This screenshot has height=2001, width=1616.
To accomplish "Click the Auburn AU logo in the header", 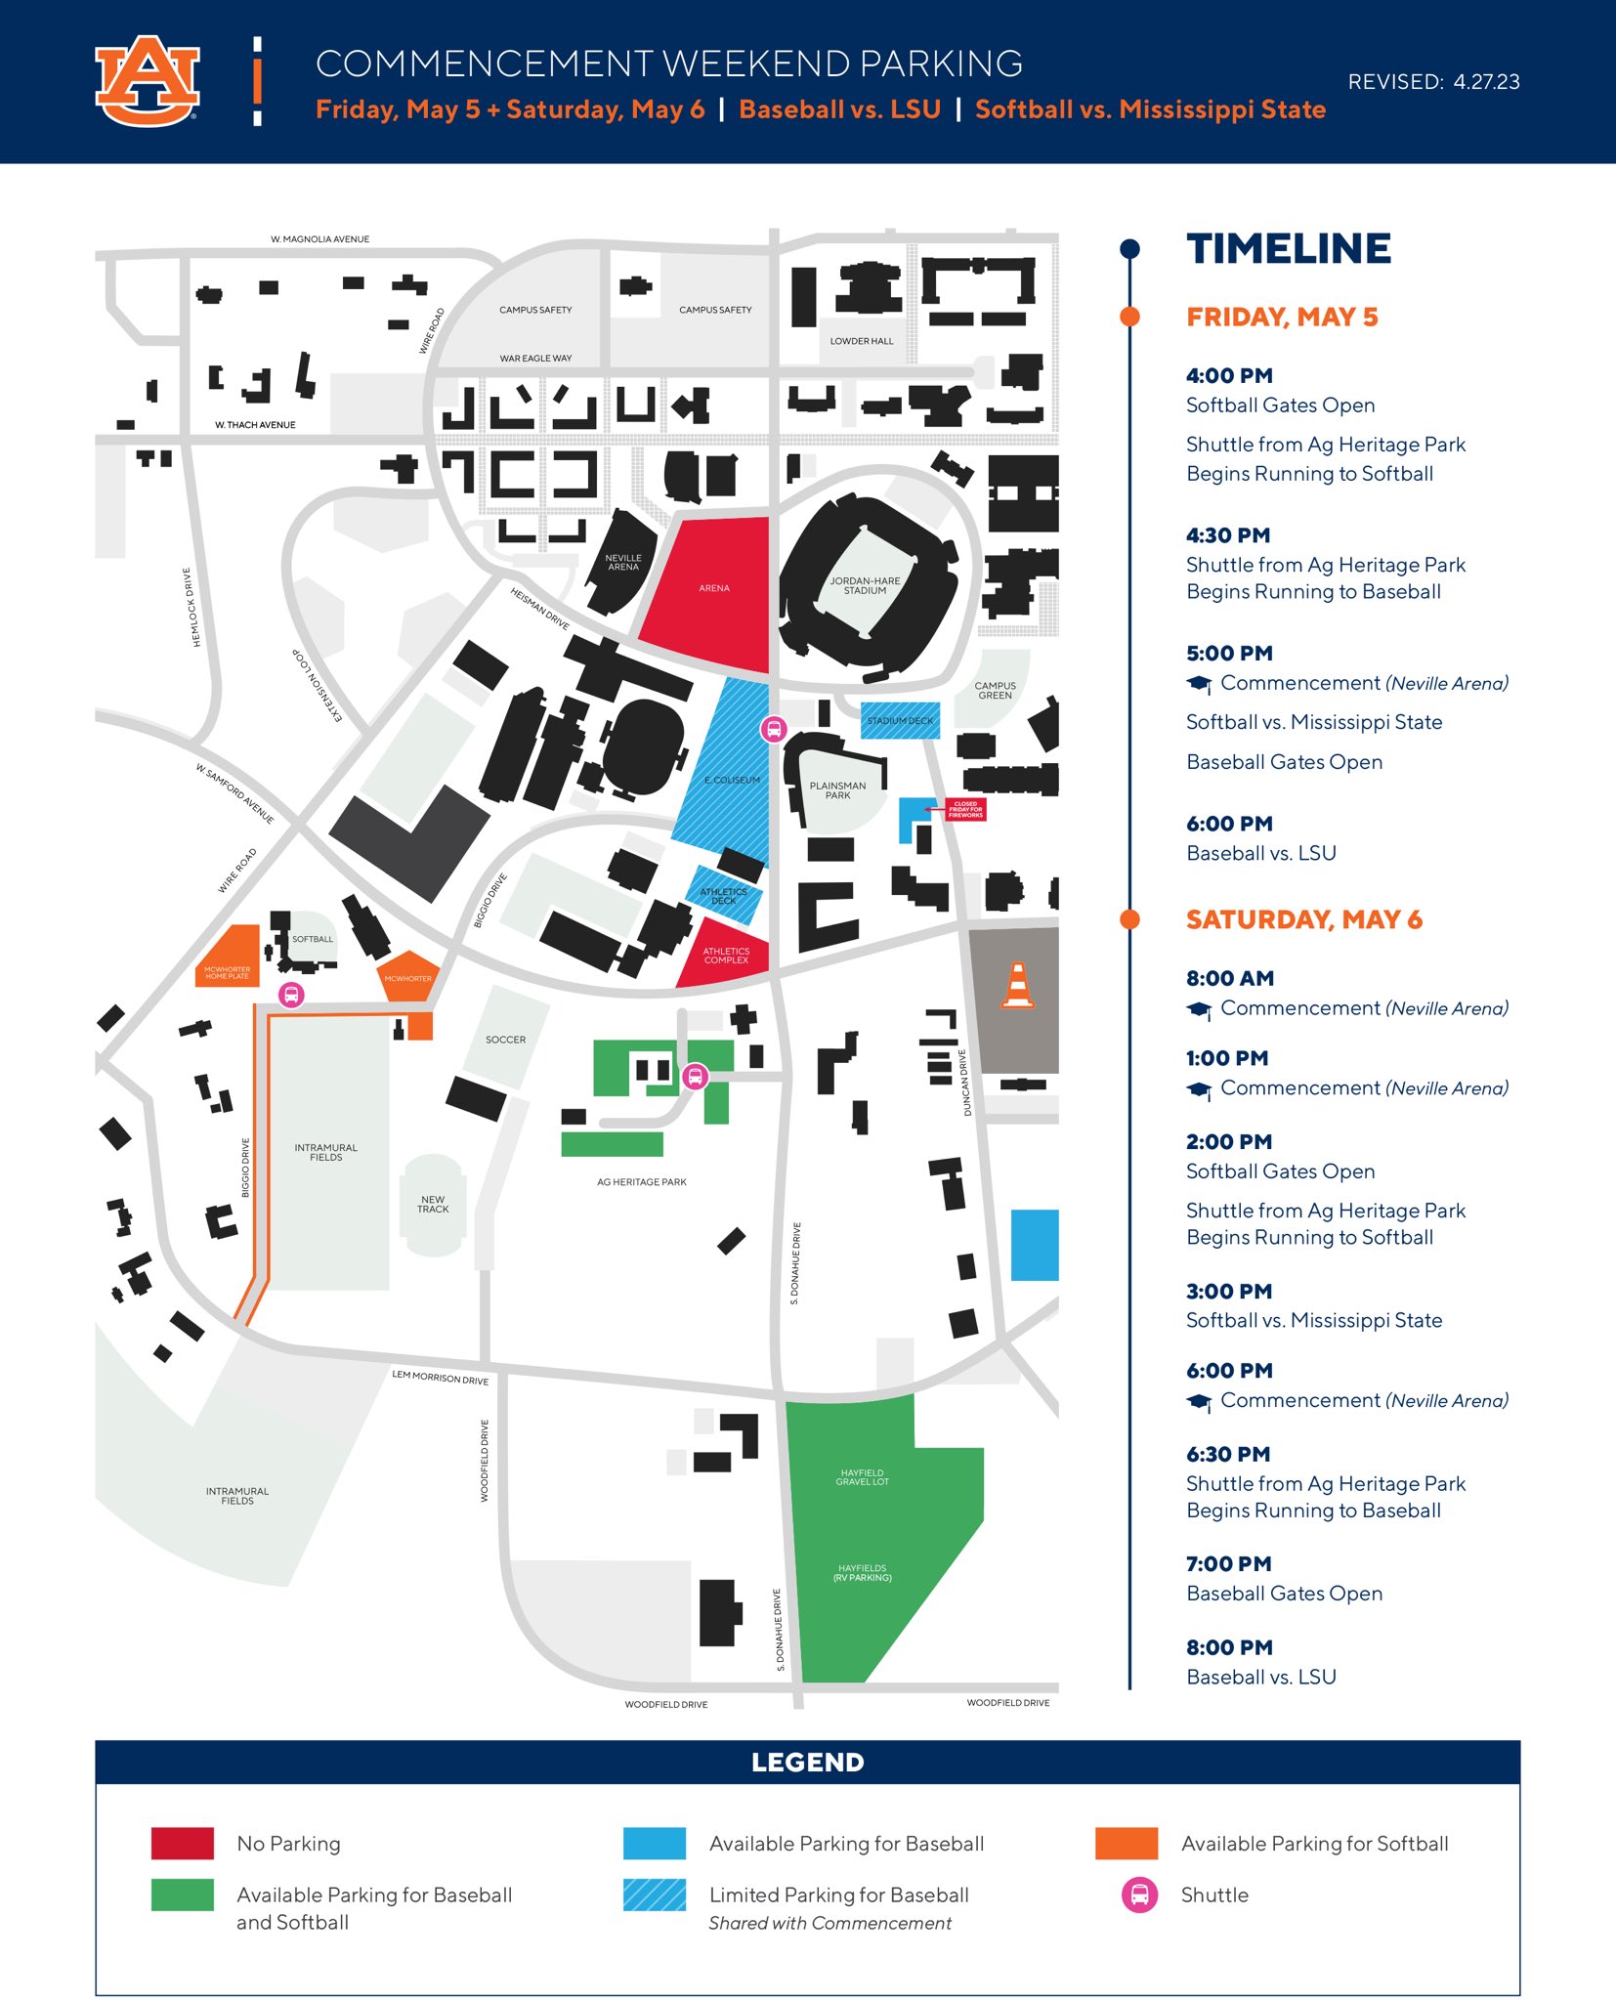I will [148, 82].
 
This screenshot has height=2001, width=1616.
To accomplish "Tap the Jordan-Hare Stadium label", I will [865, 585].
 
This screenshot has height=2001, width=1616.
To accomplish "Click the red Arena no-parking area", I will [713, 588].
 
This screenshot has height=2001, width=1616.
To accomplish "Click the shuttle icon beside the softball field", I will [291, 995].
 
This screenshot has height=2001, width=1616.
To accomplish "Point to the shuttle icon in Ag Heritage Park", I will [695, 1077].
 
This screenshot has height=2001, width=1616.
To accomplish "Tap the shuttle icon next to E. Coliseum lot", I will [774, 728].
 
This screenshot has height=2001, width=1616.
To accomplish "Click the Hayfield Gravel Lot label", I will [862, 1477].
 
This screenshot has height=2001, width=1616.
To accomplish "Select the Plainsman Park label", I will [837, 790].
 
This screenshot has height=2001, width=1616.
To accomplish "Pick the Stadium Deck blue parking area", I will [900, 720].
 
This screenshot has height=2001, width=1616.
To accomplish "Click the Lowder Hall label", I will [861, 341].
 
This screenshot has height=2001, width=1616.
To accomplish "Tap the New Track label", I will [433, 1204].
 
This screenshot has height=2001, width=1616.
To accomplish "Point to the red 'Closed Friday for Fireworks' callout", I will [965, 809].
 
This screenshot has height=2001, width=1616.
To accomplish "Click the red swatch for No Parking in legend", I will [183, 1844].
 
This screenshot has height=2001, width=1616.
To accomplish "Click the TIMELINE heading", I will [1288, 249].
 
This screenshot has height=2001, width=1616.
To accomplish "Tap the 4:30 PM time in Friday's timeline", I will [1228, 535].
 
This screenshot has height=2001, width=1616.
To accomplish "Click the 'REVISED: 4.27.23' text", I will [1433, 82].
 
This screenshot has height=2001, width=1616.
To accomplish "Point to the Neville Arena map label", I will [623, 562].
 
